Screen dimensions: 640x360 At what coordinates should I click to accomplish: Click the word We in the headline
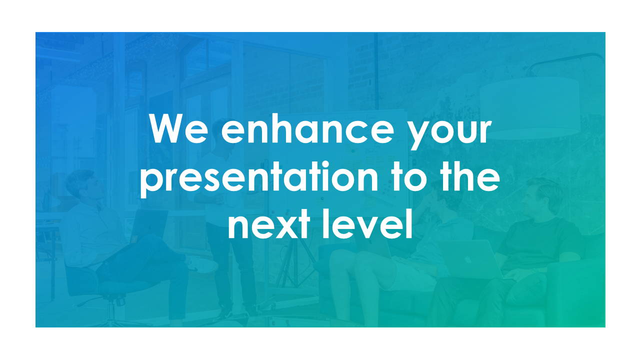click(178, 128)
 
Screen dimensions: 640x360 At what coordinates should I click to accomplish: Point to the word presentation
click(259, 179)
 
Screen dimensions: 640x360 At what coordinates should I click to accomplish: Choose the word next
click(269, 225)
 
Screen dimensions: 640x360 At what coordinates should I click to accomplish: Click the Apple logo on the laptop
click(467, 259)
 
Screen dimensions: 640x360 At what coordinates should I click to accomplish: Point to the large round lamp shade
click(529, 107)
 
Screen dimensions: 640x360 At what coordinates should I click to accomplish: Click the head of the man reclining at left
click(81, 184)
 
